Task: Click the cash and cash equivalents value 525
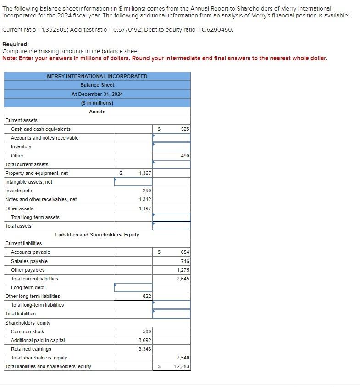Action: click(x=184, y=129)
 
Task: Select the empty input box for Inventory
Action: click(x=171, y=146)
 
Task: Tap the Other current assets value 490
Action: click(x=185, y=156)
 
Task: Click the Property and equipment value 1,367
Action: click(x=144, y=173)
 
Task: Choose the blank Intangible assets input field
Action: click(x=133, y=182)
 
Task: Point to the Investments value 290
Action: click(x=147, y=191)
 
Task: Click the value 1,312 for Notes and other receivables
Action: click(x=144, y=199)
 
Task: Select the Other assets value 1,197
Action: click(x=144, y=208)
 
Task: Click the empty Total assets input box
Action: click(x=171, y=226)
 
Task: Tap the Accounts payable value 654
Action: click(x=185, y=252)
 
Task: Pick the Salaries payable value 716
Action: click(x=185, y=261)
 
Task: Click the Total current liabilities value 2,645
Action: click(x=183, y=279)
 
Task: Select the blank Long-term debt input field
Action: click(x=133, y=287)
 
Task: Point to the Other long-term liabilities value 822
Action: click(x=147, y=296)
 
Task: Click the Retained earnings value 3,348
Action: click(x=144, y=349)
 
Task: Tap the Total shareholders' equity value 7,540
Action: click(x=183, y=358)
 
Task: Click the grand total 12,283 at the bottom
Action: click(x=182, y=366)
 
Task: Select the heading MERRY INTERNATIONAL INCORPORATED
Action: click(x=97, y=76)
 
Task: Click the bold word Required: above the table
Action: click(x=16, y=45)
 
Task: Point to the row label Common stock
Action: click(x=28, y=331)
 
